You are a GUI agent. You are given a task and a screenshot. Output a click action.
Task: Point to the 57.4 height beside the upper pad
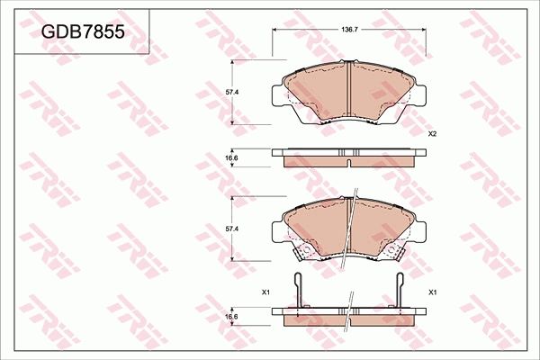point(231,92)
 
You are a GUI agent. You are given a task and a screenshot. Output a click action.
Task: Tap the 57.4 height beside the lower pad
point(231,229)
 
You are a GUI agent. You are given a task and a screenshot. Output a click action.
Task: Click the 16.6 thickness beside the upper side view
point(231,158)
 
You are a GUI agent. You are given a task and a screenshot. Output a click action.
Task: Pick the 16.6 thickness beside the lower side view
point(231,317)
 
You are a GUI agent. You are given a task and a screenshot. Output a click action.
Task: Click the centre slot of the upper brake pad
point(348,90)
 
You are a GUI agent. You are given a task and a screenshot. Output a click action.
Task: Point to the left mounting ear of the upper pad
point(280,91)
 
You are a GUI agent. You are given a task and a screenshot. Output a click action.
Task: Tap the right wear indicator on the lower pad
point(392,249)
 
